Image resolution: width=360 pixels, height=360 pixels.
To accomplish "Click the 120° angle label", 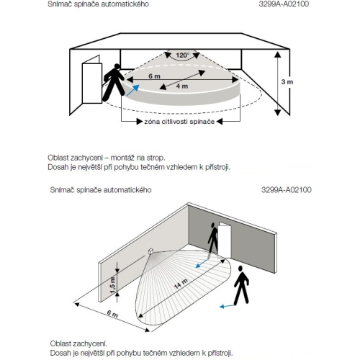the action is point(183,55).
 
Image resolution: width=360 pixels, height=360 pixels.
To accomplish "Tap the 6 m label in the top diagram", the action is point(154,76).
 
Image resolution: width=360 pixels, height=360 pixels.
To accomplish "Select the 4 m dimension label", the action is point(182,86).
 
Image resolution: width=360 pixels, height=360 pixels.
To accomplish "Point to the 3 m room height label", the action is point(287,82).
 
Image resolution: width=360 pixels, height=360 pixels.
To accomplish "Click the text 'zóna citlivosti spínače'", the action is point(179,122).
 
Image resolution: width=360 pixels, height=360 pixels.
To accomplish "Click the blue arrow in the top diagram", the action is point(132,90).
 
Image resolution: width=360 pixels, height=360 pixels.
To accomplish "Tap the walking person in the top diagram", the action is point(113,82).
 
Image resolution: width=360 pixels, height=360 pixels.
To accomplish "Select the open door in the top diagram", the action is point(92,80).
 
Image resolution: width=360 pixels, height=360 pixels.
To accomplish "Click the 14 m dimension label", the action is point(181,284).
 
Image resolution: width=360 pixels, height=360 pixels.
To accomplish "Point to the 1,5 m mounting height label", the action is point(112,285).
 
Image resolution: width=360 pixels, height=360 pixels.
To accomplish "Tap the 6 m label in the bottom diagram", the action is point(112,313).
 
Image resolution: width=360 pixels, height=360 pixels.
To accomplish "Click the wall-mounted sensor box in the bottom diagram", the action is point(151,251).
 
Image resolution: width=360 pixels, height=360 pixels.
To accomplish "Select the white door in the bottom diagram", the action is point(225,240).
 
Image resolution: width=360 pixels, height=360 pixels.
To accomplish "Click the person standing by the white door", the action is point(213,239).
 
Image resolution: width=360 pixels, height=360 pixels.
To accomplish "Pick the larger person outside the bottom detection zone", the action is point(241,285).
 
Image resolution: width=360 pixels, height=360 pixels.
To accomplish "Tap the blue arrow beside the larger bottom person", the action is point(227,306).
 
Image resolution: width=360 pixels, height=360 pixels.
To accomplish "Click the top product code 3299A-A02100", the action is point(284,4).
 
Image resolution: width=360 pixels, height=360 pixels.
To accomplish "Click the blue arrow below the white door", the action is point(202,263).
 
